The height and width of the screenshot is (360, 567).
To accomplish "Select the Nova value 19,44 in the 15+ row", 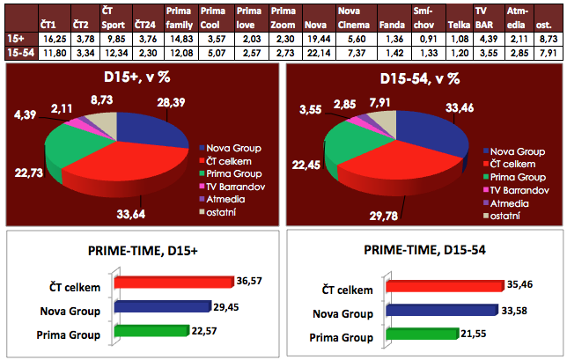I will (317, 40).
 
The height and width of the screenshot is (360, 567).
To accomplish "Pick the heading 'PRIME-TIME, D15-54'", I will (425, 254).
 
